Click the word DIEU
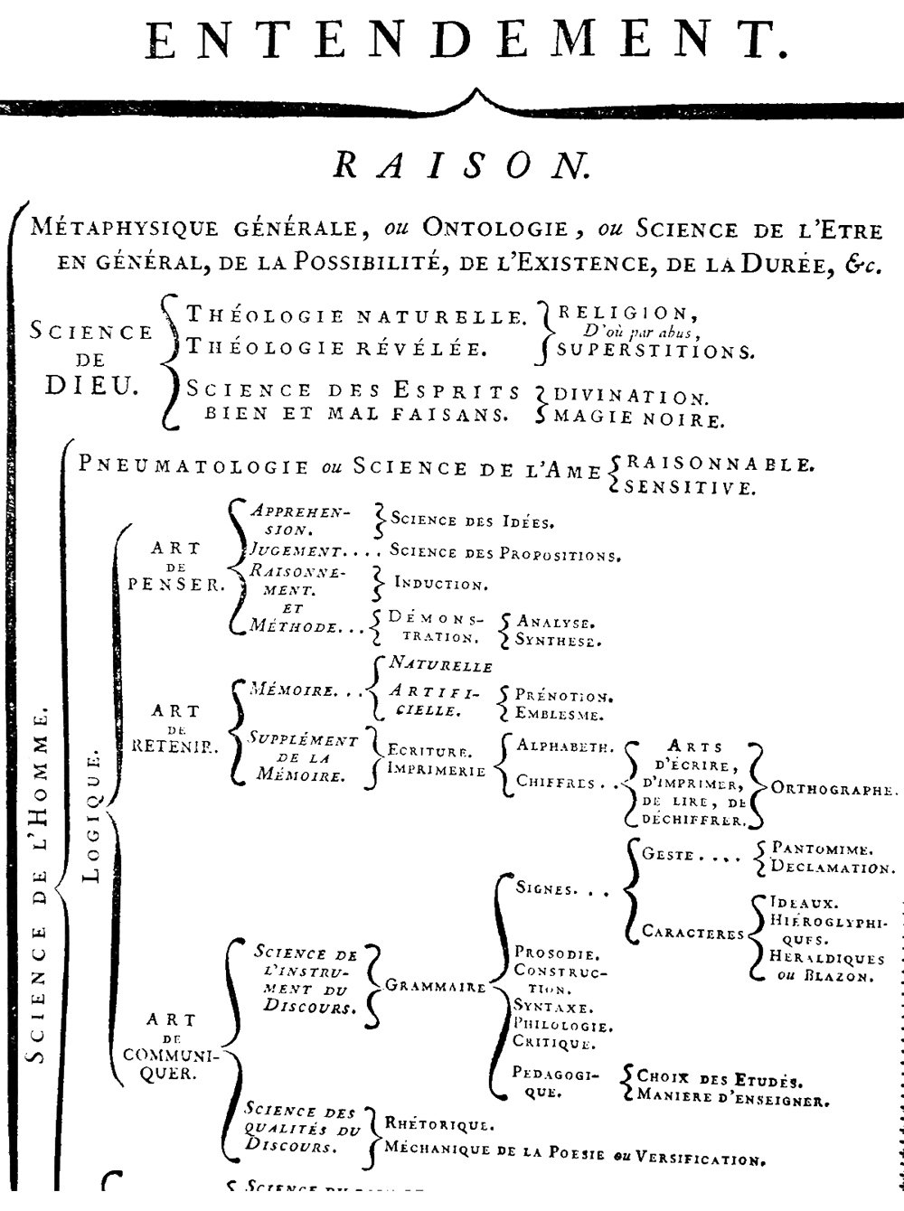point(91,388)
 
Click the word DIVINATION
point(631,397)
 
